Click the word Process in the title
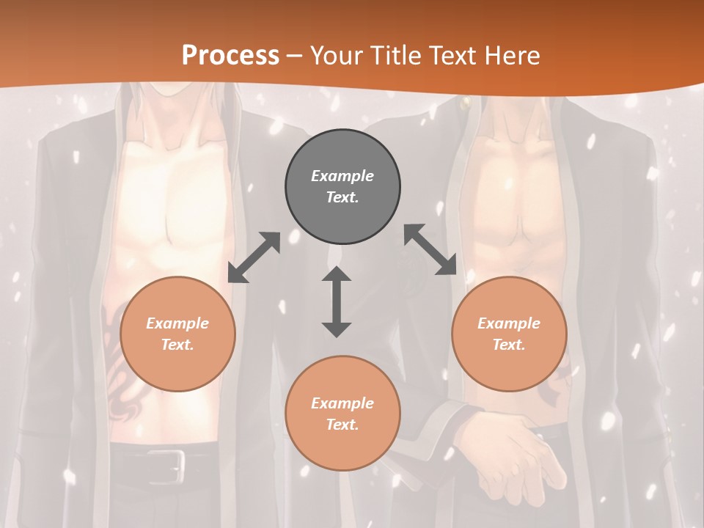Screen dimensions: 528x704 point(230,55)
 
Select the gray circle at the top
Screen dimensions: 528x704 point(342,187)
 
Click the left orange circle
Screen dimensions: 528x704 point(177,334)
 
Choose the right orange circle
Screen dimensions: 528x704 point(509,334)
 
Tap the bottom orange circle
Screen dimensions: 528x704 point(342,414)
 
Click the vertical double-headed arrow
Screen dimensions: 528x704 point(337,301)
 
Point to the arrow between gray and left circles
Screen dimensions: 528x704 point(254,257)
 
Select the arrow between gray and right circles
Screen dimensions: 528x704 point(430,249)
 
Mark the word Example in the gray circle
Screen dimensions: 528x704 point(342,176)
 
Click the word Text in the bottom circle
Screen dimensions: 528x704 point(342,425)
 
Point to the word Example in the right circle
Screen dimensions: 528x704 point(509,323)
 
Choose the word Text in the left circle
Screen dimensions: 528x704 point(177,345)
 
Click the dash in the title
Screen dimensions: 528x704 point(294,56)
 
